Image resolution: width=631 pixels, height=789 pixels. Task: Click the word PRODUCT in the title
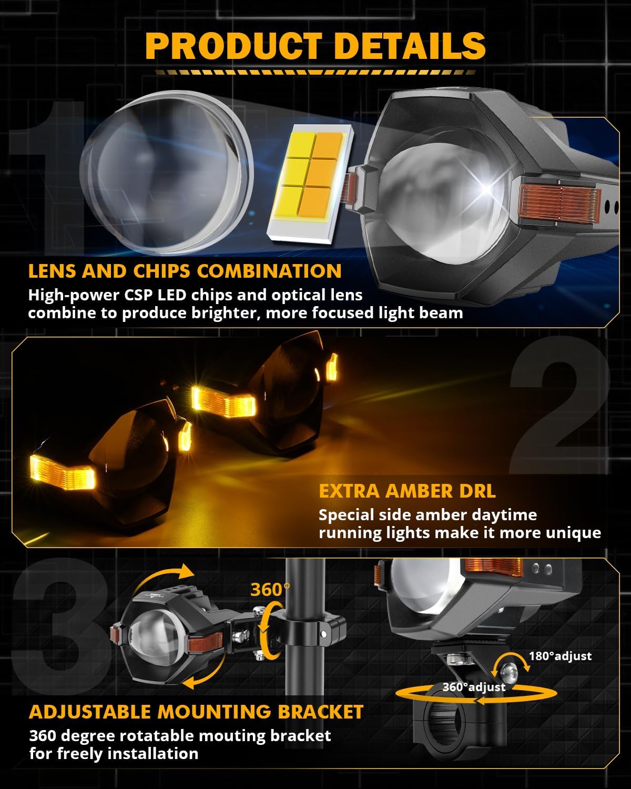coord(233,46)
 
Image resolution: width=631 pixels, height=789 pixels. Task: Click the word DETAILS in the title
coord(410,46)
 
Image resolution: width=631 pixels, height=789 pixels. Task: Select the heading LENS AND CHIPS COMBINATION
coord(185,271)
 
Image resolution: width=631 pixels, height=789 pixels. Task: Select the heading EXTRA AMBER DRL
coord(407,491)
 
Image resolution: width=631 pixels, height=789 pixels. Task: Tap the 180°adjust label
coord(560,656)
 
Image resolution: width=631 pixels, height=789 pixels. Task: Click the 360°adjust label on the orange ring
coord(474,687)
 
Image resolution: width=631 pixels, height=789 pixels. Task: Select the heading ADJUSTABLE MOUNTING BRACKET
coord(196,712)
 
